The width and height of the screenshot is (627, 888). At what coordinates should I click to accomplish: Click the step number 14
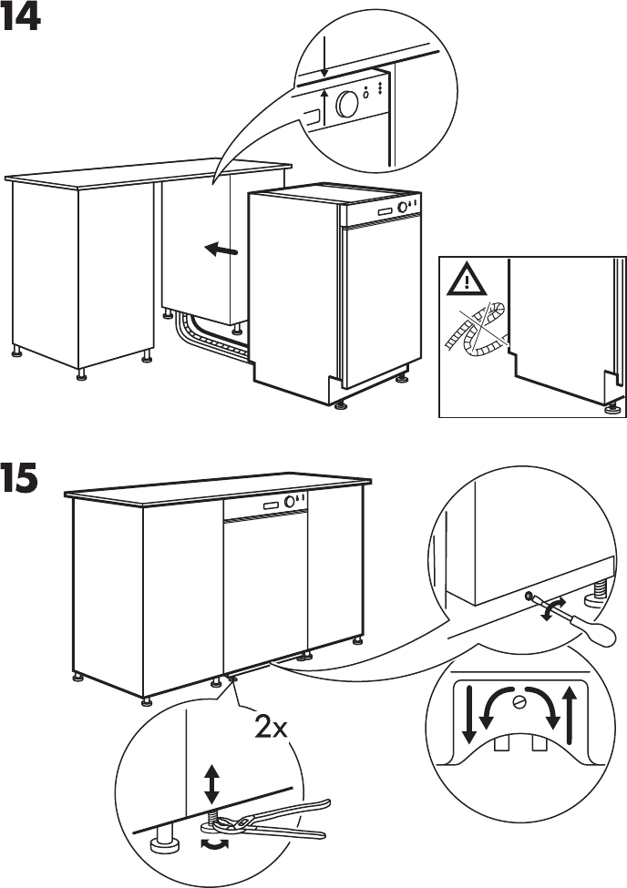click(21, 17)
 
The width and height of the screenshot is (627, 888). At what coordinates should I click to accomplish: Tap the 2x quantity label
click(271, 730)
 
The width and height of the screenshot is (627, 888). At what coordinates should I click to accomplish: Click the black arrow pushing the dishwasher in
click(221, 249)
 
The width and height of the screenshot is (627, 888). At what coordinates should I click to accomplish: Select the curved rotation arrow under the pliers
click(215, 844)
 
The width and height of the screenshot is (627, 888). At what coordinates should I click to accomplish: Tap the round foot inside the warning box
click(609, 409)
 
